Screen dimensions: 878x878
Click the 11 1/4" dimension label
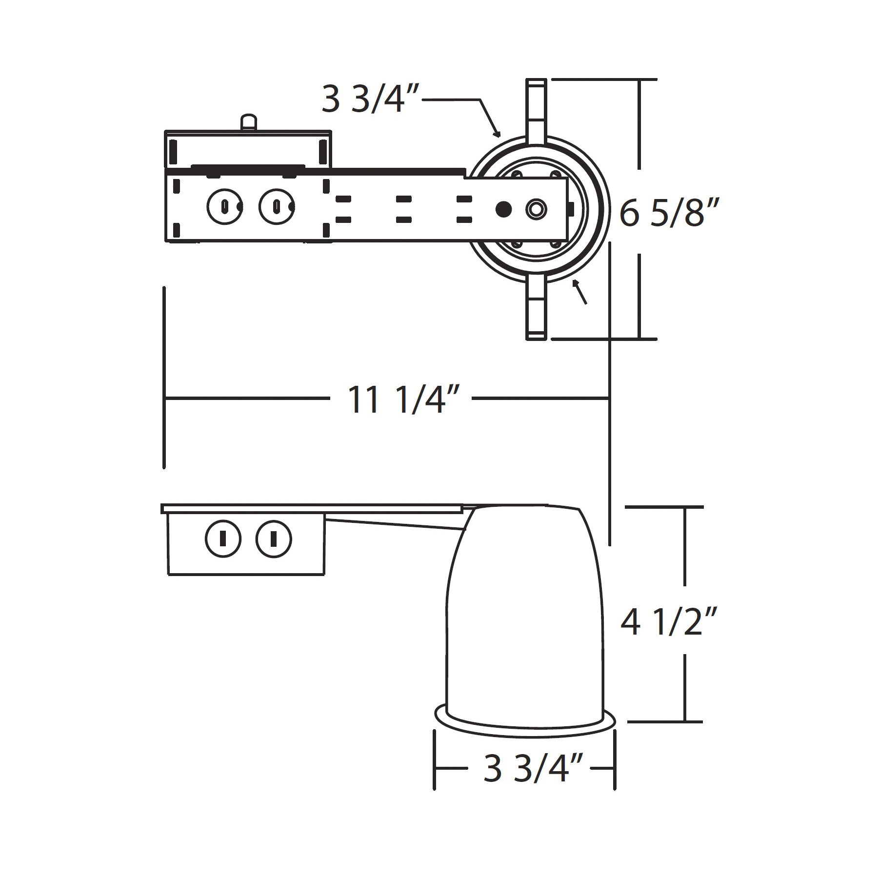click(403, 399)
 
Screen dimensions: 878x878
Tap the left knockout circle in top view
click(225, 207)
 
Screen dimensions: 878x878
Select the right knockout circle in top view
click(277, 207)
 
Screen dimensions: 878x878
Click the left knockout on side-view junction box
click(223, 539)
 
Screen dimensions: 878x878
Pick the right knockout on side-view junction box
click(274, 539)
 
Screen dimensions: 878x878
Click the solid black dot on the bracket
click(504, 209)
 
